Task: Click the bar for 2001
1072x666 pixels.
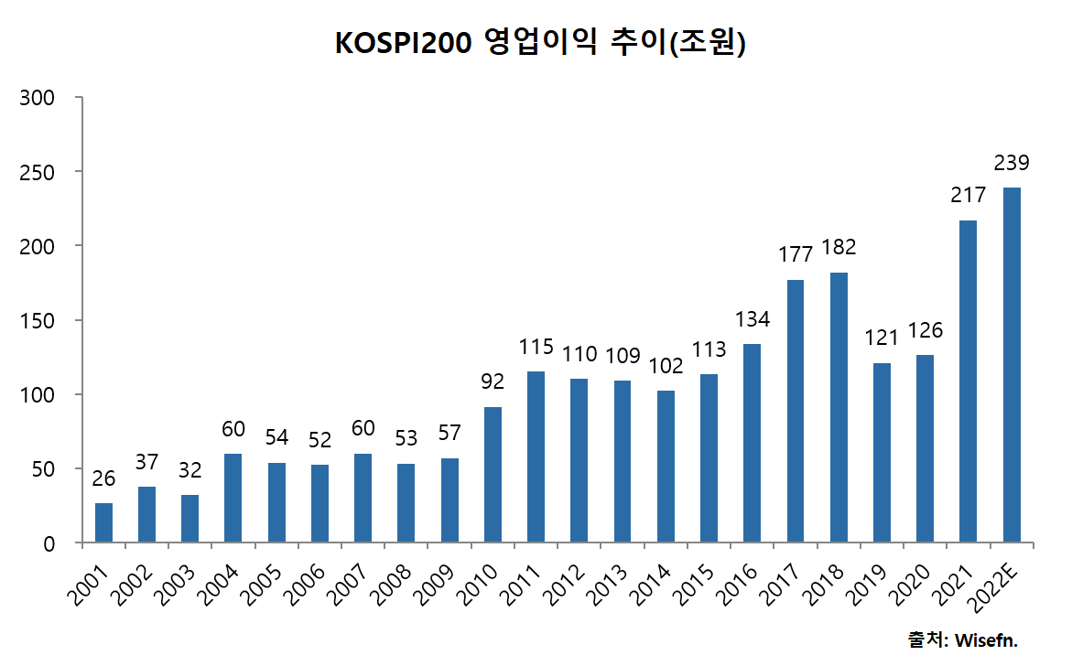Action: tap(103, 523)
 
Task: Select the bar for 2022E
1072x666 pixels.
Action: tap(1012, 366)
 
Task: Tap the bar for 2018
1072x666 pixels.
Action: tap(839, 408)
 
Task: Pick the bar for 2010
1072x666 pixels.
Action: tap(493, 475)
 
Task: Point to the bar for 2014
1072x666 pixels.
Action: tap(666, 467)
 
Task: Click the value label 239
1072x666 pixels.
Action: tap(1012, 164)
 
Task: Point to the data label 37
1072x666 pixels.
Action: tap(146, 463)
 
